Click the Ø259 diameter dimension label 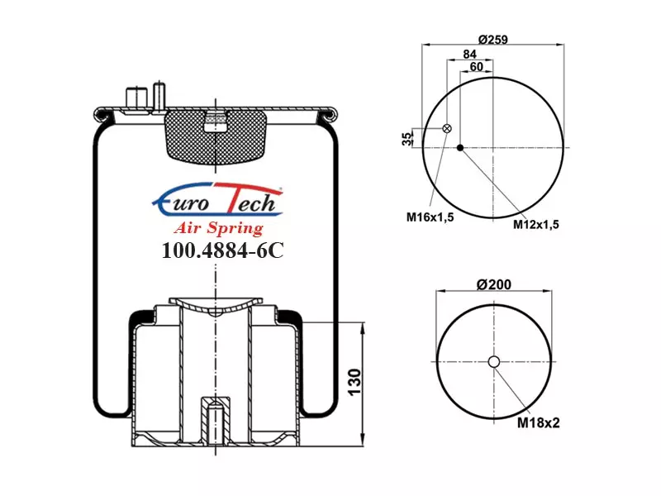click(x=492, y=40)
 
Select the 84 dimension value click(x=469, y=54)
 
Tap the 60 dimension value click(x=476, y=67)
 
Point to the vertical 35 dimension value click(x=407, y=139)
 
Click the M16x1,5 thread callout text click(x=430, y=217)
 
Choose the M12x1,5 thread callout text click(x=535, y=224)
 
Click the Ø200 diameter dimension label click(x=493, y=284)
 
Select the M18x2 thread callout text click(x=539, y=422)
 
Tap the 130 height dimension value click(x=354, y=382)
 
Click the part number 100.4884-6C click(x=222, y=250)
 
